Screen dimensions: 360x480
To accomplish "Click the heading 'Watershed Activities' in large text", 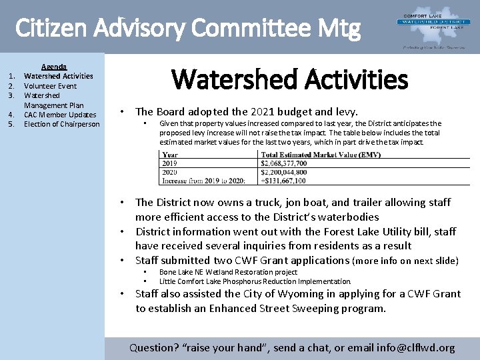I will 289,79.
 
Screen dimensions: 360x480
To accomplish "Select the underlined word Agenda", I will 54,67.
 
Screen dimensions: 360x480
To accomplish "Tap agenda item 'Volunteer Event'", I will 50,86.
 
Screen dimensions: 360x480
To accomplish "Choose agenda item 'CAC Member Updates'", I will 60,115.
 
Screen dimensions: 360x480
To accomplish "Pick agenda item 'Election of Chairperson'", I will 61,124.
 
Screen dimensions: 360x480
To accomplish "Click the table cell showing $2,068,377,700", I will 284,163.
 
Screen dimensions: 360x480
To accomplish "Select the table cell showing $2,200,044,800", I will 284,172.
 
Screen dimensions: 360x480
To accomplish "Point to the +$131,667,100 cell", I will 283,181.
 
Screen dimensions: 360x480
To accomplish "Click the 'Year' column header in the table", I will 170,155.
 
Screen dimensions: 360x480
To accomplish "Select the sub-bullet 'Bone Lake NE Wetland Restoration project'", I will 228,272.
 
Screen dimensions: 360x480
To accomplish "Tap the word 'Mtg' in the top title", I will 341,28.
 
